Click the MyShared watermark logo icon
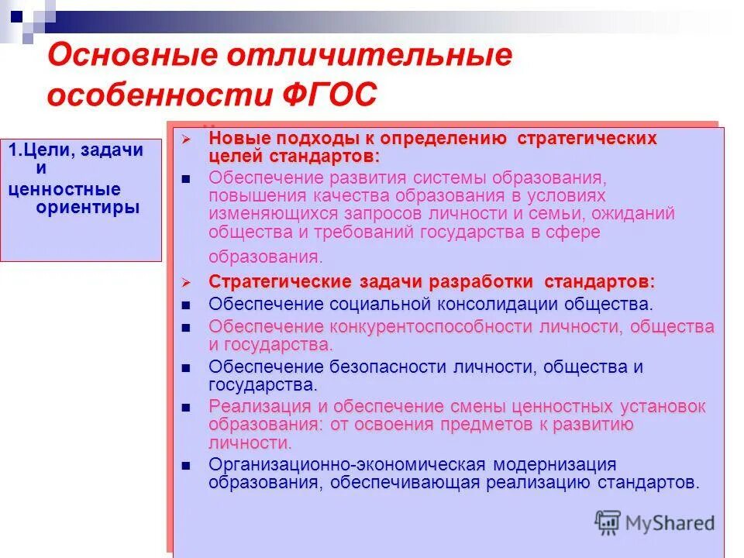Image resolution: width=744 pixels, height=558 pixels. pyautogui.click(x=608, y=522)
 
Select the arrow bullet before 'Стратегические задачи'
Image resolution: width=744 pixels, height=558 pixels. pyautogui.click(x=186, y=281)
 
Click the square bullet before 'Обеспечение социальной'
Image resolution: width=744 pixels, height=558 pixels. pyautogui.click(x=186, y=305)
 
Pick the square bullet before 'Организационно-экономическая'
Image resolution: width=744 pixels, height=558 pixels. pyautogui.click(x=186, y=465)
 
